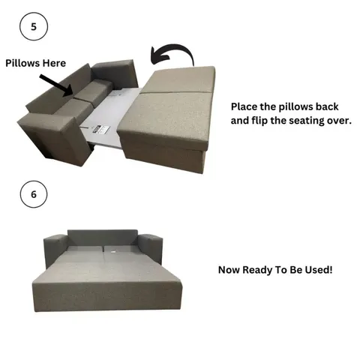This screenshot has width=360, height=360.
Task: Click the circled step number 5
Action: [x=33, y=27]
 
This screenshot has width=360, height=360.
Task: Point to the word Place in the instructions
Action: [x=245, y=106]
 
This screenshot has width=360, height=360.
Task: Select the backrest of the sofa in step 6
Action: [x=102, y=238]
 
